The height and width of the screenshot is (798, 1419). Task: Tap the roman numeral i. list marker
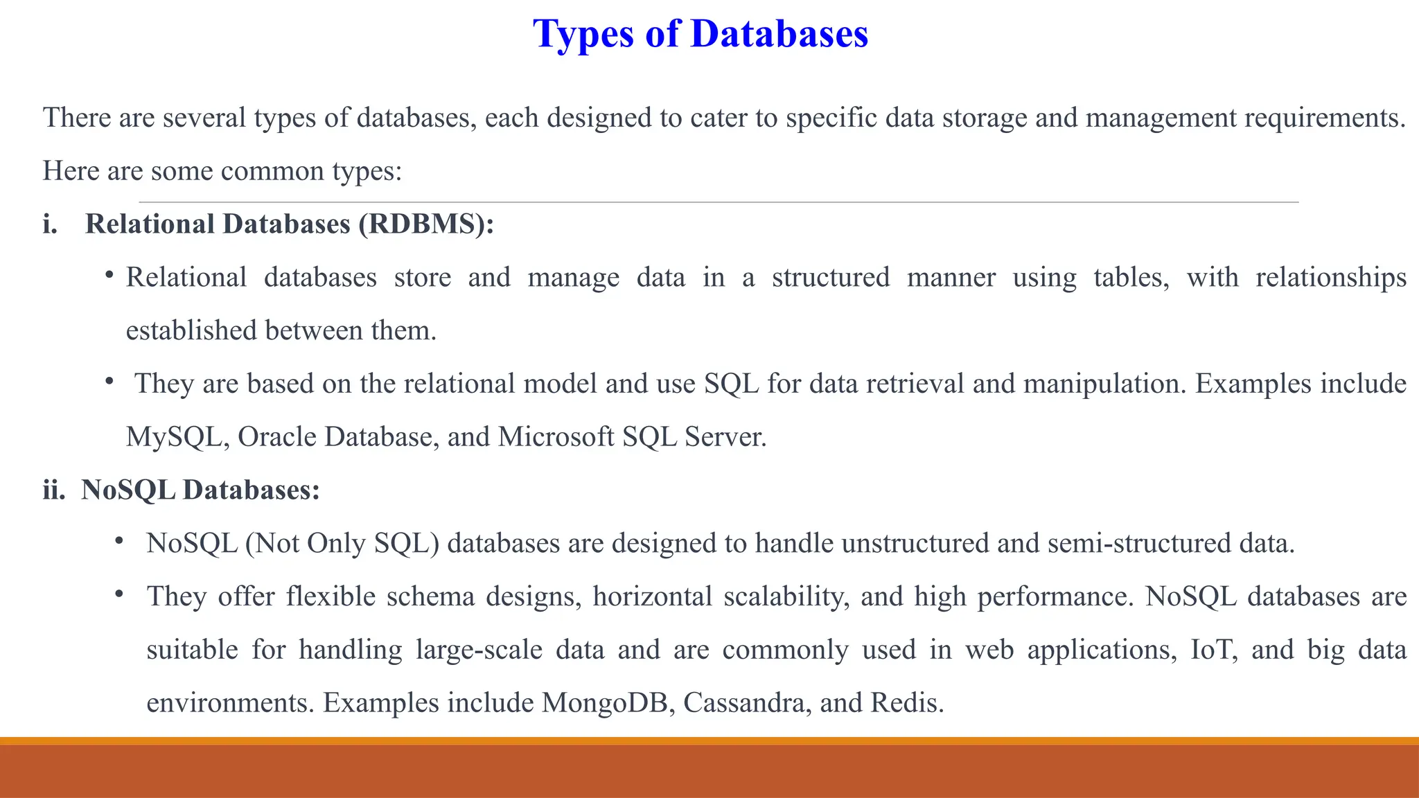(x=50, y=224)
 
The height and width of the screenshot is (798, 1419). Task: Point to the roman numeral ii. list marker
(x=54, y=490)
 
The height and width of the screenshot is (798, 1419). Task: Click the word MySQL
(x=173, y=437)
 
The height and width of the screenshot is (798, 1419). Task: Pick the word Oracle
(x=276, y=437)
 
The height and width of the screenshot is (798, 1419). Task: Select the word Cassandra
(x=747, y=703)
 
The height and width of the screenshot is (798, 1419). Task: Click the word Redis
(x=906, y=703)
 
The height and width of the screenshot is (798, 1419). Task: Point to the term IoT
(x=1213, y=650)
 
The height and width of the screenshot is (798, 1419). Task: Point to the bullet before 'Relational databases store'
(x=109, y=276)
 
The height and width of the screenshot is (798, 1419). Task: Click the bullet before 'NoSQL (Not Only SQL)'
(x=119, y=540)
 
